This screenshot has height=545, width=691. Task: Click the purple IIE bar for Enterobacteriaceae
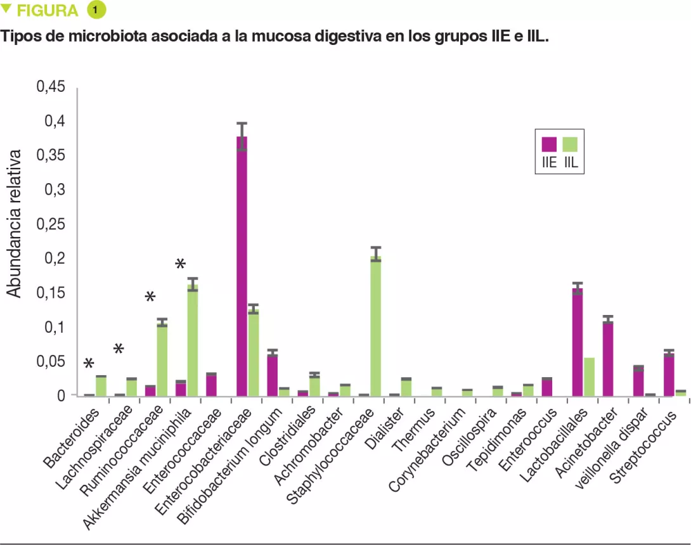pyautogui.click(x=242, y=266)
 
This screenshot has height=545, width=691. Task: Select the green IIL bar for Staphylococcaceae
pyautogui.click(x=375, y=326)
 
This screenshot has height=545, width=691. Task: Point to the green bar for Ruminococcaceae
pyautogui.click(x=162, y=359)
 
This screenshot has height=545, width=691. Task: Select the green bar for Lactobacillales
pyautogui.click(x=589, y=377)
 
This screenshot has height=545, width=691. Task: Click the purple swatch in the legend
pyautogui.click(x=548, y=144)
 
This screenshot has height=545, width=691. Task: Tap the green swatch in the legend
pyautogui.click(x=570, y=144)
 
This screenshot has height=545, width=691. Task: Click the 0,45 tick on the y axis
pyautogui.click(x=51, y=87)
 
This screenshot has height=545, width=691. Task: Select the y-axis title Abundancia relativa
pyautogui.click(x=14, y=224)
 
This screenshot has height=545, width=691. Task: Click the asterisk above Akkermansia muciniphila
pyautogui.click(x=181, y=264)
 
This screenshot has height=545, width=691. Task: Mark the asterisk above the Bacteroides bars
pyautogui.click(x=89, y=363)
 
